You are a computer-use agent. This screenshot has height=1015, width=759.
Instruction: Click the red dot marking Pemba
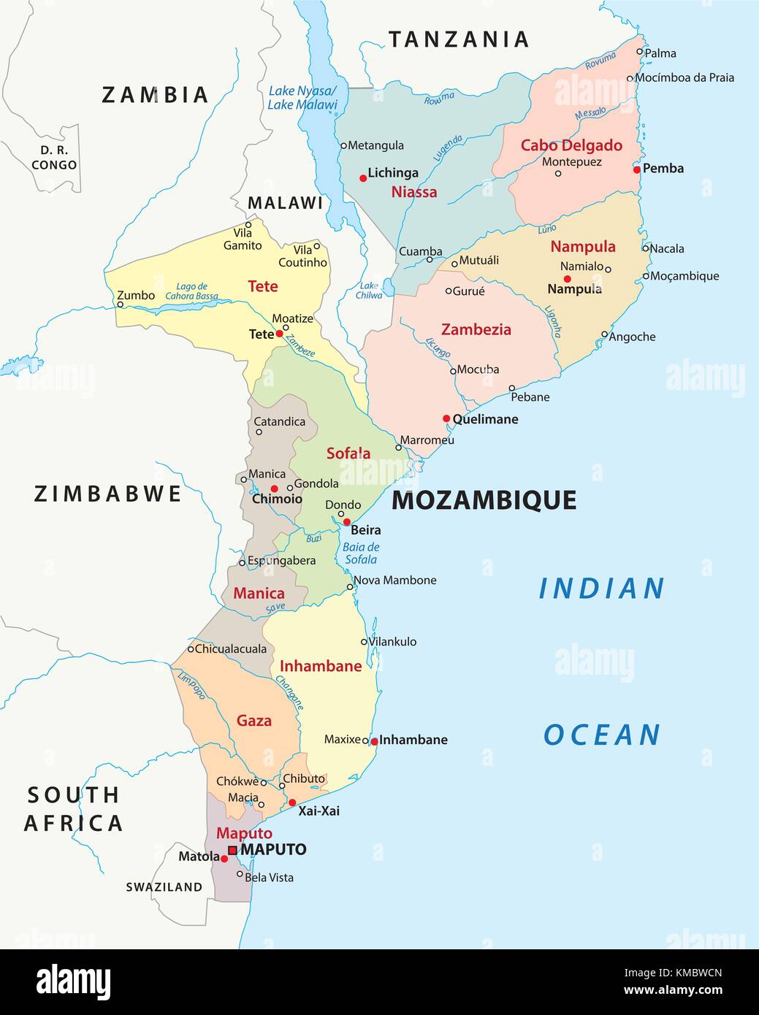click(637, 169)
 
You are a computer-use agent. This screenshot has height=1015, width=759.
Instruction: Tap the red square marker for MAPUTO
click(232, 850)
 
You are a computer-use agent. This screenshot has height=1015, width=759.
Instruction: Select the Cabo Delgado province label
click(571, 145)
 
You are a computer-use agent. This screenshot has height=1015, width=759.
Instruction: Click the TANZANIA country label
click(458, 39)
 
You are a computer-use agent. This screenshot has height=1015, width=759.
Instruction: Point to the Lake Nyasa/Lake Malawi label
click(302, 98)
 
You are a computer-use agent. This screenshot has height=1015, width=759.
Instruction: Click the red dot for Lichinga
click(363, 177)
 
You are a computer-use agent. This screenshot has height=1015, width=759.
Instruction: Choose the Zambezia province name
click(476, 329)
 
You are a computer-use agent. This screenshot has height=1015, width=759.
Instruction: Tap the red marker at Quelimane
click(446, 418)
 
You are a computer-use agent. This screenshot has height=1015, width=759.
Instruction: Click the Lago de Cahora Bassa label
click(191, 291)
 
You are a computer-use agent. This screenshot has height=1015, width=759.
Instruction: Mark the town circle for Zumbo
click(120, 304)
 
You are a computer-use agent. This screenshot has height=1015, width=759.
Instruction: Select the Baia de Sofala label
click(361, 554)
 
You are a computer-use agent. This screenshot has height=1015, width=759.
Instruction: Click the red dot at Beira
click(347, 522)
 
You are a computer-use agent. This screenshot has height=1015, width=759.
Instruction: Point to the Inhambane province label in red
click(321, 666)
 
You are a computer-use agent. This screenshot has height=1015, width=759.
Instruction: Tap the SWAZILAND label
click(164, 887)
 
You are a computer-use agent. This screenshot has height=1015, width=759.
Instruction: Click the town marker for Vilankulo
click(365, 642)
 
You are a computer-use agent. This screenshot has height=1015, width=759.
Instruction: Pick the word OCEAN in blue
click(602, 735)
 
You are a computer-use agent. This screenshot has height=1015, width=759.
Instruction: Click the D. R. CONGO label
click(54, 158)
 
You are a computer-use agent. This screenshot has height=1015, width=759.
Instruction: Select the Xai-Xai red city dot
click(292, 803)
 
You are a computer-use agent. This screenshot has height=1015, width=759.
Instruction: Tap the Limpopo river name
click(191, 684)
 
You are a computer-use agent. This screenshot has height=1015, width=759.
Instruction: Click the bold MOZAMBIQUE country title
click(484, 500)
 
